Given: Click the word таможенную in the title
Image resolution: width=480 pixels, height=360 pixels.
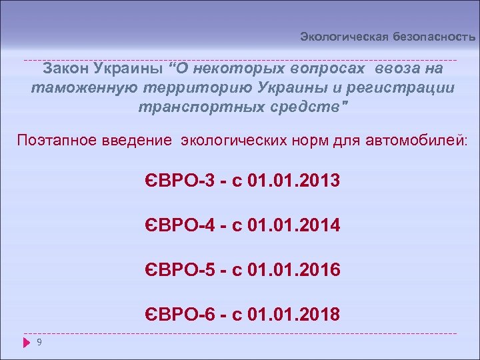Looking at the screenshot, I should [83, 87].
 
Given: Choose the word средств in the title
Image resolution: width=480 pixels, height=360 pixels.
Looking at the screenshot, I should [305, 107].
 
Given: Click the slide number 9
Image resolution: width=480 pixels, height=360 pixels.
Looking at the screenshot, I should [40, 343].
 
